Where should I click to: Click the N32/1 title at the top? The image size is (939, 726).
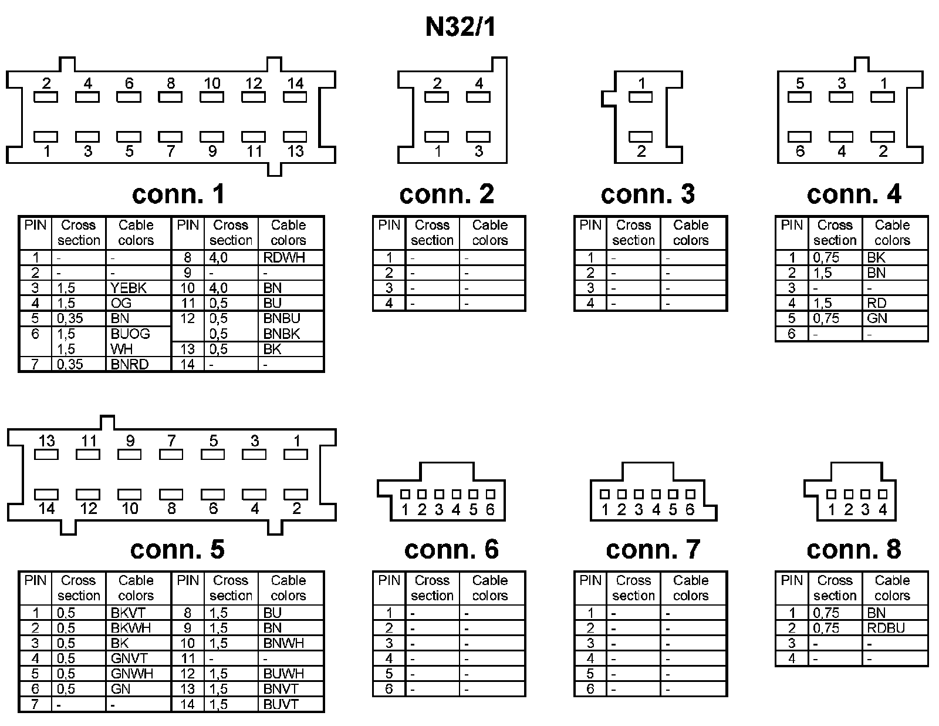click(x=461, y=27)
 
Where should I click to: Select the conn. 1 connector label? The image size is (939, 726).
click(x=178, y=194)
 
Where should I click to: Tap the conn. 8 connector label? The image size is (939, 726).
click(x=853, y=550)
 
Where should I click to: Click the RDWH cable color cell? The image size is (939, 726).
click(x=285, y=257)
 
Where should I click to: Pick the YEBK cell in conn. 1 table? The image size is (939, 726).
click(x=129, y=288)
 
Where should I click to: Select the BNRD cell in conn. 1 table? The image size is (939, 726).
click(x=130, y=364)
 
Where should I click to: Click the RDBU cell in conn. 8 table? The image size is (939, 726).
click(x=886, y=628)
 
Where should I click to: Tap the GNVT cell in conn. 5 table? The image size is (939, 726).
click(x=129, y=658)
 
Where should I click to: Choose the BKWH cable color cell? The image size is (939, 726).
click(x=131, y=628)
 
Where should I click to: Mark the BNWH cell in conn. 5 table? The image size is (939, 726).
click(x=284, y=643)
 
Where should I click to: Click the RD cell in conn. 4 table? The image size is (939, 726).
click(x=876, y=303)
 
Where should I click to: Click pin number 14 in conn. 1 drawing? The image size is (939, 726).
click(x=295, y=83)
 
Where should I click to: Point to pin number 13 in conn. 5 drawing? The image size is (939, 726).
click(x=47, y=441)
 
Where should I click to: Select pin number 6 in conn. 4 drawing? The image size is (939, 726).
click(x=800, y=151)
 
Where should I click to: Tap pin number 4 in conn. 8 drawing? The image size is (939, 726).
click(x=882, y=509)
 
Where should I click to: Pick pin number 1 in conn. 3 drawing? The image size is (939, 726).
click(x=641, y=83)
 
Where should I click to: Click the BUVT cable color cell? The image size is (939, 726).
click(x=281, y=704)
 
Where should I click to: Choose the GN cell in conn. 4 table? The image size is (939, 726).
click(x=877, y=318)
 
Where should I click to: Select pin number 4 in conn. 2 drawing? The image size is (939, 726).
click(x=479, y=83)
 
